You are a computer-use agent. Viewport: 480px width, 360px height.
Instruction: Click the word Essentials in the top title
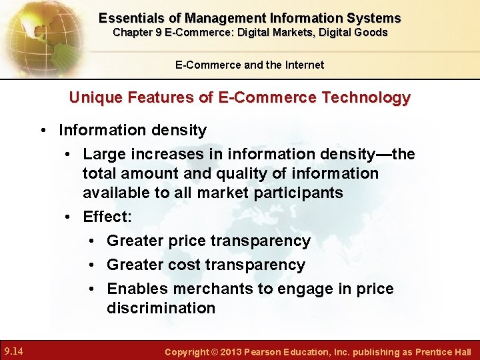[x=128, y=18]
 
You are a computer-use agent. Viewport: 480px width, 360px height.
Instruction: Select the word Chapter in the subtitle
[x=133, y=32]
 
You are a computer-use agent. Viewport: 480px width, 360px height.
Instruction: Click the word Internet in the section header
[x=304, y=65]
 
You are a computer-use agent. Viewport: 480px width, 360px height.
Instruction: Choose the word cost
[x=181, y=265]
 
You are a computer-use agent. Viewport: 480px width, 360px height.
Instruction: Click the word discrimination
[x=161, y=308]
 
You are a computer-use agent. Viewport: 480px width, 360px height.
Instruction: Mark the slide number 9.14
[x=14, y=350]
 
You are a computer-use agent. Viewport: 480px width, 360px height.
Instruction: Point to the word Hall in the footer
[x=461, y=351]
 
